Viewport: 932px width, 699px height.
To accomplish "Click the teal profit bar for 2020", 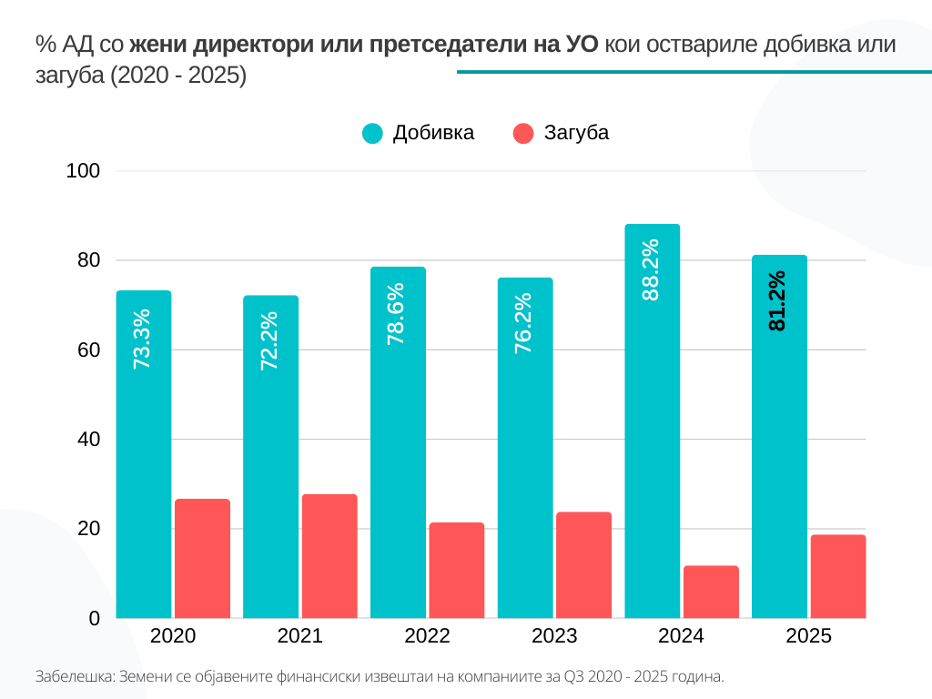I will [144, 455].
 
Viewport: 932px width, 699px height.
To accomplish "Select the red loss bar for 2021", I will [329, 556].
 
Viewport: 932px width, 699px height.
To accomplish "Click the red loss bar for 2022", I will [457, 571].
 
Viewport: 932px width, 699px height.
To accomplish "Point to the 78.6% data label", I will [397, 313].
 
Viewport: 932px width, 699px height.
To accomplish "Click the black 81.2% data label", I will [777, 299].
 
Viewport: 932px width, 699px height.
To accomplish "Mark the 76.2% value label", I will [524, 323].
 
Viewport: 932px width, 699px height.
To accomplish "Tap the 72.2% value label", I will [269, 340].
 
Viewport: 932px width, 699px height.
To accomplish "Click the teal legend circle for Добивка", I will [373, 133].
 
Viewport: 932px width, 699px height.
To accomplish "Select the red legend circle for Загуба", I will [523, 133].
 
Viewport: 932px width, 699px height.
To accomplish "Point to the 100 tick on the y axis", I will [83, 171].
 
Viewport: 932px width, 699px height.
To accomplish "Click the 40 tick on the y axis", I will [88, 440].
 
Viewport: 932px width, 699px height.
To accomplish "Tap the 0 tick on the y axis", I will [94, 619].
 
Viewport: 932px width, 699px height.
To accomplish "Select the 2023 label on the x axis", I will [554, 636].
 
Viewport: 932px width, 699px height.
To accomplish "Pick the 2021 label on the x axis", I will [299, 636].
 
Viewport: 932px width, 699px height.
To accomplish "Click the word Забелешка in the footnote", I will [72, 677].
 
